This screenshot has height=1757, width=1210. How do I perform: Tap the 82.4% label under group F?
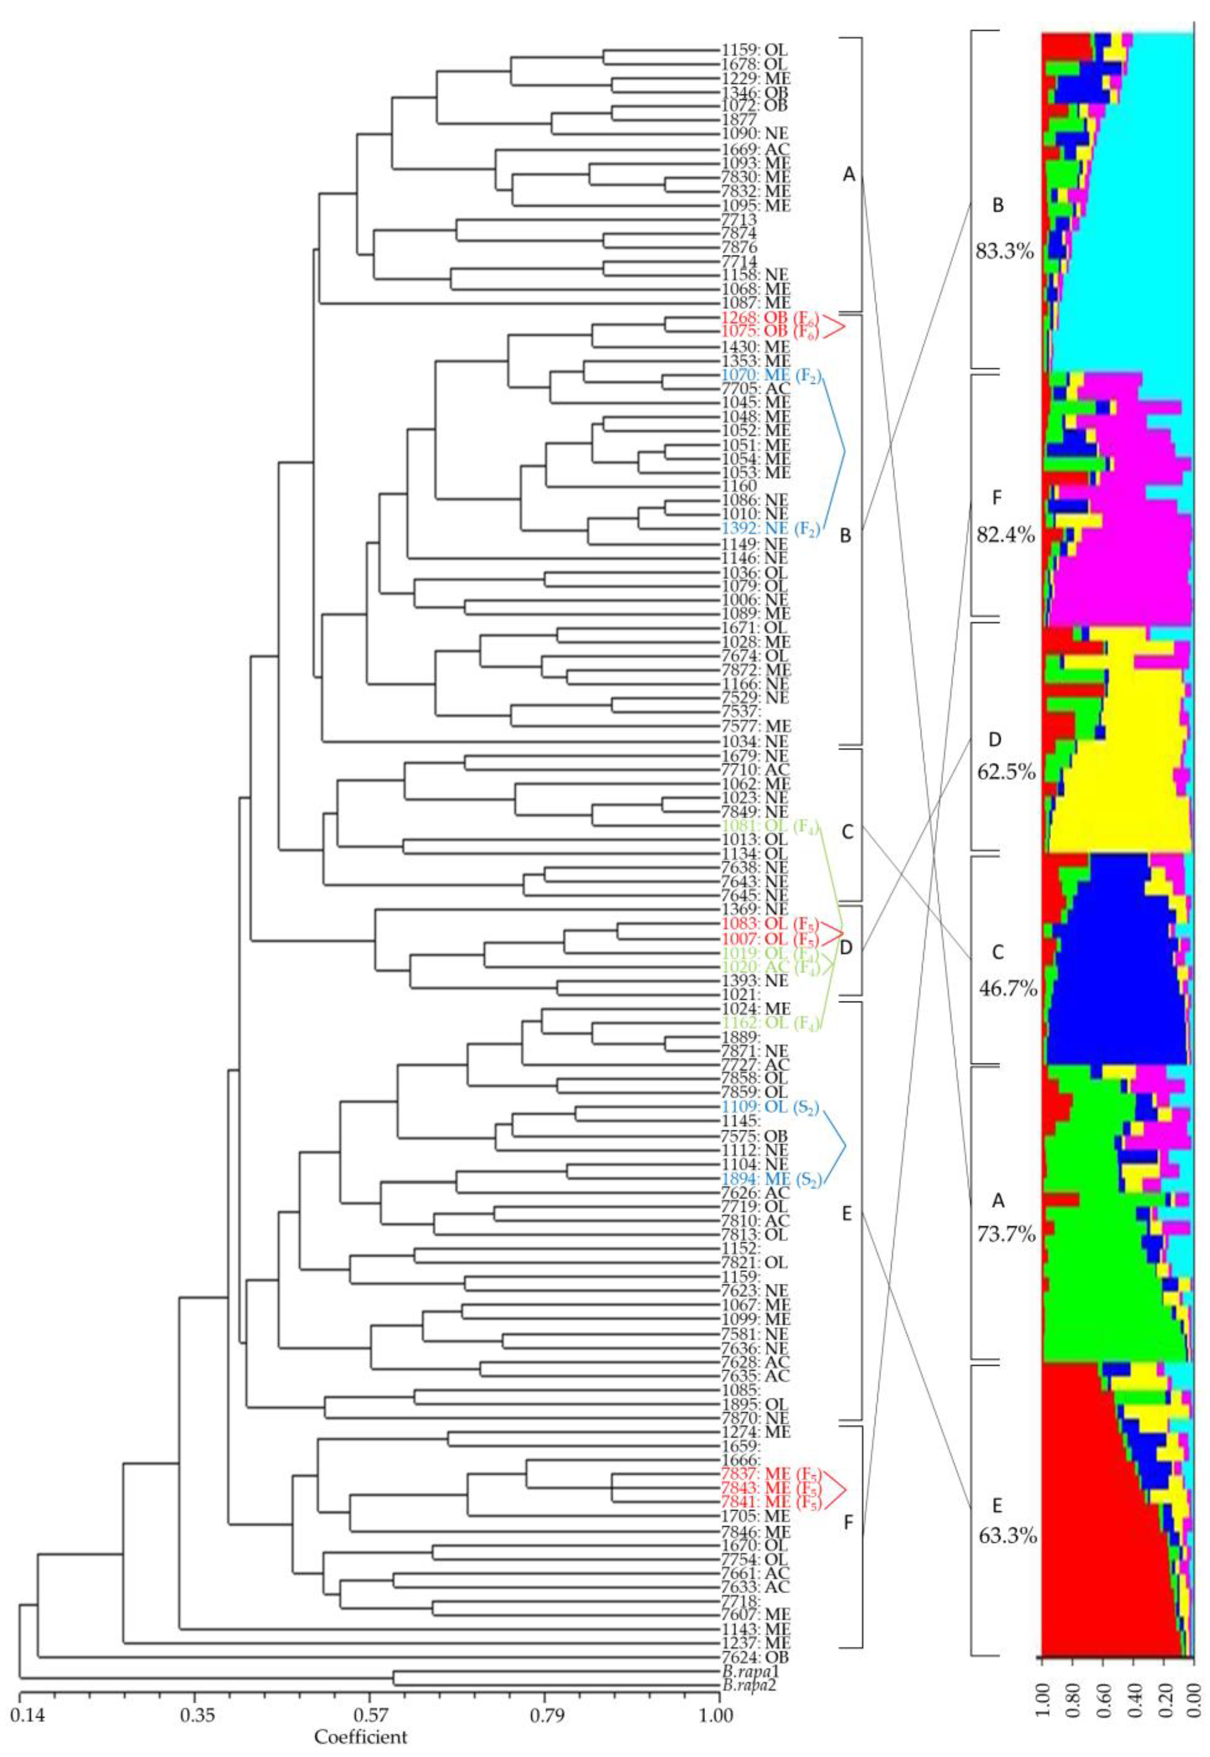pos(1004,535)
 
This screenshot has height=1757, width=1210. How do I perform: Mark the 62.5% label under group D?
pos(1004,773)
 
